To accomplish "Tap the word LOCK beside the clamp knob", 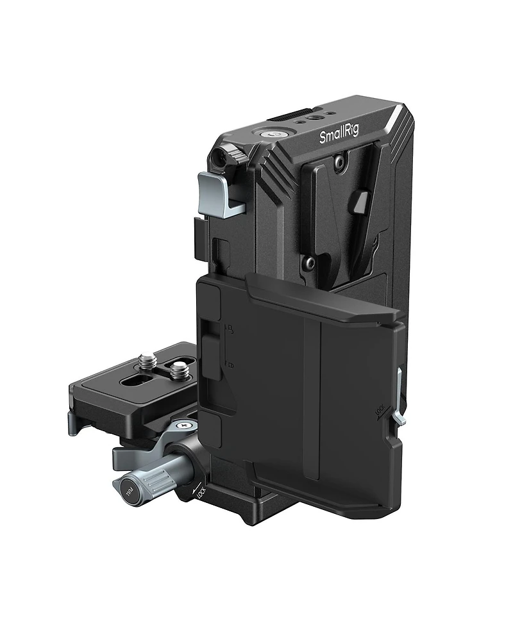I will pyautogui.click(x=200, y=494).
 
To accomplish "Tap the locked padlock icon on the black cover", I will pyautogui.click(x=230, y=365).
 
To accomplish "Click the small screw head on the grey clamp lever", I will pyautogui.click(x=185, y=424).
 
